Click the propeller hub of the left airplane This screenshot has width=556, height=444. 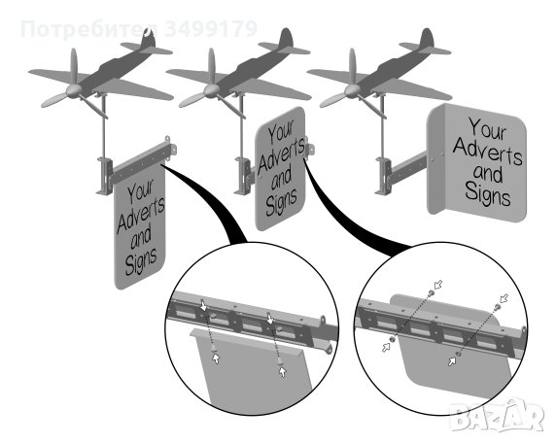click(x=73, y=91)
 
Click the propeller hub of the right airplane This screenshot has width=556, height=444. click(x=351, y=91)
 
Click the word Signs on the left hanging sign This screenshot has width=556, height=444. click(x=141, y=260)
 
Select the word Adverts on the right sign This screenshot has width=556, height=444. click(x=487, y=151)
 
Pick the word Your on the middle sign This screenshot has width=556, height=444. click(x=281, y=131)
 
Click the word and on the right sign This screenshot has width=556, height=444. click(x=488, y=174)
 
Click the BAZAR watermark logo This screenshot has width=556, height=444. click(x=498, y=416)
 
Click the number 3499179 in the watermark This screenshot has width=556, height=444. click(x=211, y=29)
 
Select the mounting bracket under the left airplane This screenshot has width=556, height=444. click(x=105, y=176)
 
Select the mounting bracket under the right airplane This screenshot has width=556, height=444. click(x=384, y=176)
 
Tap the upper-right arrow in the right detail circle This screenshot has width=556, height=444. click(x=504, y=298)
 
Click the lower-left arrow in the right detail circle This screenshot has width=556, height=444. click(x=387, y=347)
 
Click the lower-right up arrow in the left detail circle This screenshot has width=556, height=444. click(x=282, y=372)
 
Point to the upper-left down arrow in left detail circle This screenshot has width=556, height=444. click(x=203, y=306)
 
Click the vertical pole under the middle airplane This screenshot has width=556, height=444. click(x=242, y=126)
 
